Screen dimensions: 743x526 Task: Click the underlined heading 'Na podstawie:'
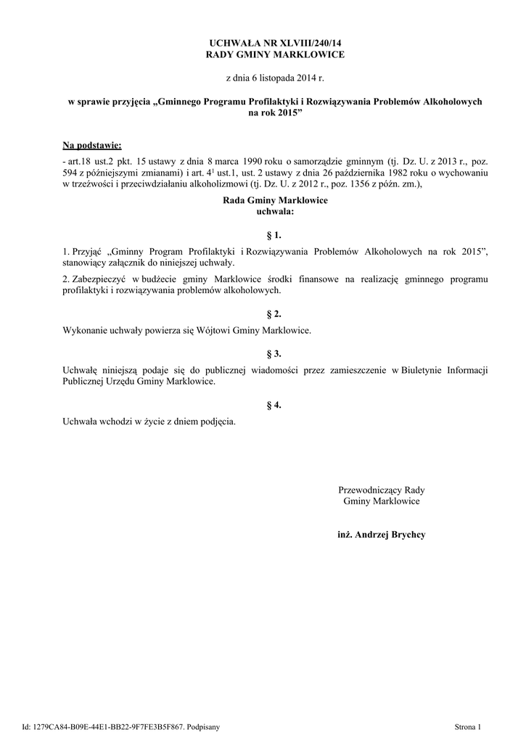click(x=91, y=145)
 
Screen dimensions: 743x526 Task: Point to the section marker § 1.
click(x=274, y=236)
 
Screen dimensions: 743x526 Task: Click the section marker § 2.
click(x=274, y=314)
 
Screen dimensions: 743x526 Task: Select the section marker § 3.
click(x=274, y=353)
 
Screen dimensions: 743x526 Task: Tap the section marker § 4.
click(x=274, y=405)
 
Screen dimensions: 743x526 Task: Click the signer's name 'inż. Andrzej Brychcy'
click(x=381, y=535)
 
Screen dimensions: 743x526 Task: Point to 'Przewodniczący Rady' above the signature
click(x=381, y=490)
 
